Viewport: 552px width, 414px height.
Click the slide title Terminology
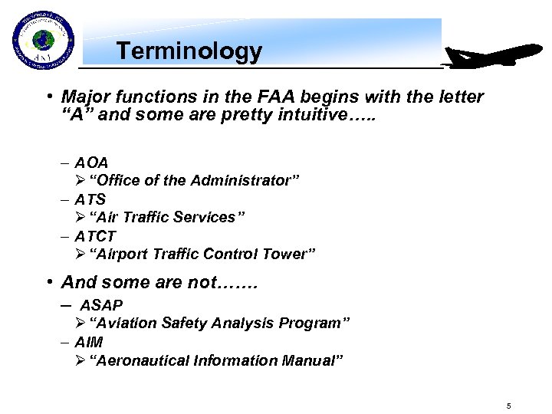coord(189,51)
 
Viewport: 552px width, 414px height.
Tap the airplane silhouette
coord(494,58)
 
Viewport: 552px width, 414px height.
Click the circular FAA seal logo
coord(43,41)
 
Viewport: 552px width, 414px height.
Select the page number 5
coord(508,404)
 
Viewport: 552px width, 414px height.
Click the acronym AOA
coord(91,163)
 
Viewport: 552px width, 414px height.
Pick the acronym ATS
coord(90,199)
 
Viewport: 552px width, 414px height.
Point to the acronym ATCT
coord(95,236)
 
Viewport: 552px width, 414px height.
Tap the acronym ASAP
coord(101,305)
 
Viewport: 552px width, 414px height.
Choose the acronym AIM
coord(89,342)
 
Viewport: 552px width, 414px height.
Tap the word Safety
coord(182,324)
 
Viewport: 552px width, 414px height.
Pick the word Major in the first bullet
coord(84,97)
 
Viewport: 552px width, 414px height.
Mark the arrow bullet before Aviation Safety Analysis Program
coord(80,324)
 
